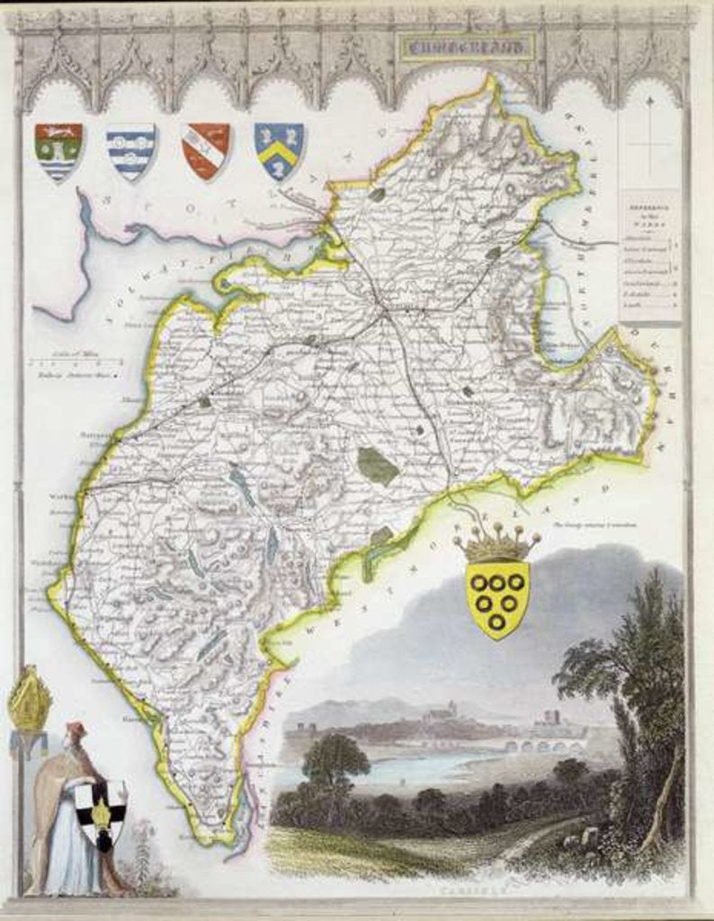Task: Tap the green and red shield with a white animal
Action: [x=58, y=150]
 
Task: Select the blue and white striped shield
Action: [x=130, y=151]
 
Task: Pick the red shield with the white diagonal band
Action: [x=205, y=149]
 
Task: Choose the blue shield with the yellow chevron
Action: [x=279, y=149]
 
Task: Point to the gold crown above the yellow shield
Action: [x=497, y=543]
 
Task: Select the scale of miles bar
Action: [x=76, y=362]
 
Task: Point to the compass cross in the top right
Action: [x=649, y=144]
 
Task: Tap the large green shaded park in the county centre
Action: [x=377, y=466]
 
